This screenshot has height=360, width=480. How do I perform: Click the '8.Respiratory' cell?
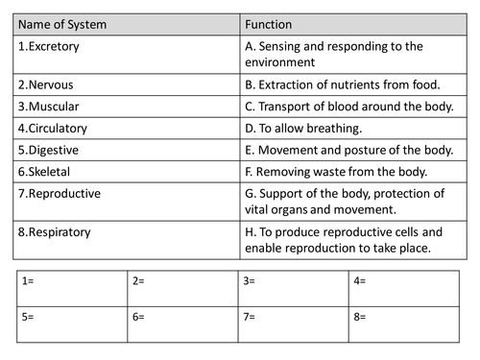[54, 232]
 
